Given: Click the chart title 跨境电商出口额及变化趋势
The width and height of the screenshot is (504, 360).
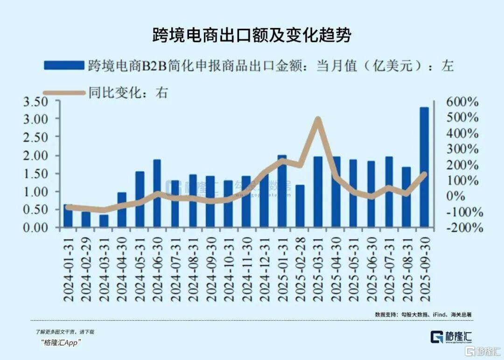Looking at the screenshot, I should pos(252,35).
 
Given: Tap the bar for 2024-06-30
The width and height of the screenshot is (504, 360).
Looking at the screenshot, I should pos(157,193).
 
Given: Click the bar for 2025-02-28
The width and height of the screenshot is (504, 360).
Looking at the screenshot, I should pos(300,206).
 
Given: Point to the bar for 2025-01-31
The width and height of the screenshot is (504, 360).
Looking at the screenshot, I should pos(282,191).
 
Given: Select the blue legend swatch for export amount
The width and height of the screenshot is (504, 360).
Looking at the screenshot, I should pos(64,65).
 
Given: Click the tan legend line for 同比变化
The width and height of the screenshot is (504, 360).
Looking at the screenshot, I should pos(64,92).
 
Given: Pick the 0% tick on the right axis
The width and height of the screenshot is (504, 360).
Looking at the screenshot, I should pos(468,196).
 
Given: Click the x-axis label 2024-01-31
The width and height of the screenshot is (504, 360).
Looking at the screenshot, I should pos(68,268).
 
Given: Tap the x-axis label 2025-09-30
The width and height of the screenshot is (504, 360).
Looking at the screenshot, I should pos(425,268).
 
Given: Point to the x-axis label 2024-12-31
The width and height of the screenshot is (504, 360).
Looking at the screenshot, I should pos(264,268).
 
